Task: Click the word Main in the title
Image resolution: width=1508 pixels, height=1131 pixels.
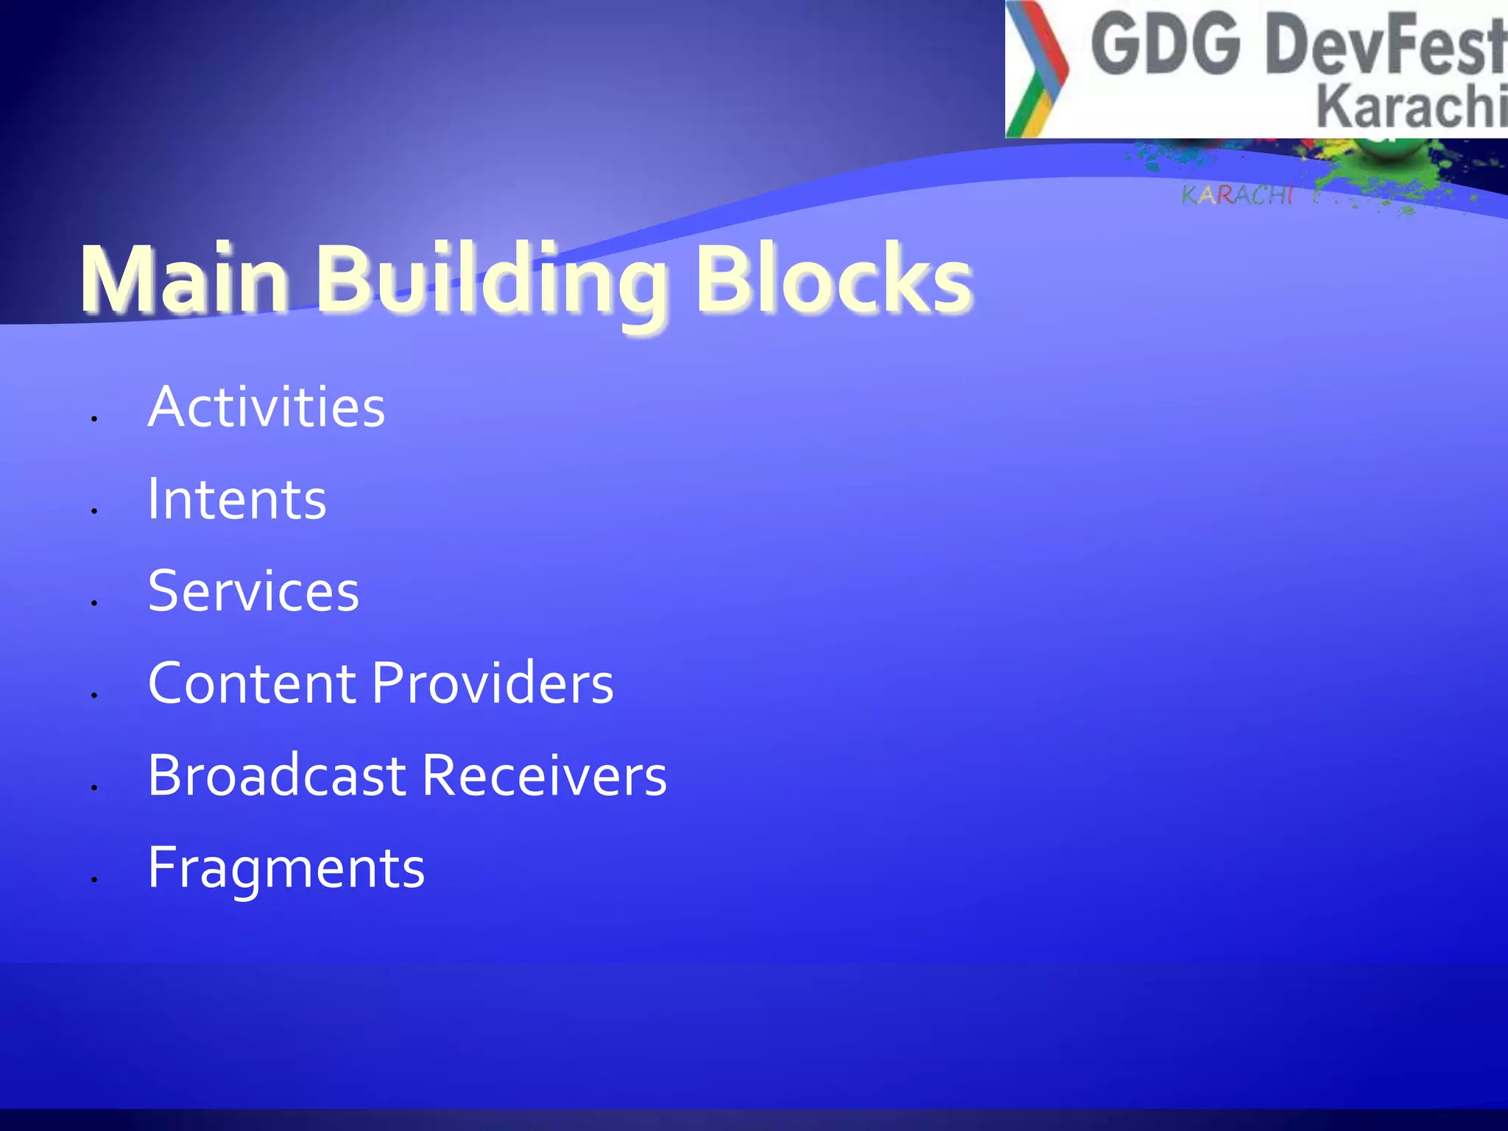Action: (184, 281)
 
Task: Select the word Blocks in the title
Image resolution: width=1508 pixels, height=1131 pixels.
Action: (833, 281)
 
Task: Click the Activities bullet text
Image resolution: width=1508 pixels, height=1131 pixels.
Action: (267, 407)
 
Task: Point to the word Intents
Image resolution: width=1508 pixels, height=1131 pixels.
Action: (237, 500)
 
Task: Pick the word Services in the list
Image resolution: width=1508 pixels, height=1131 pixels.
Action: (253, 591)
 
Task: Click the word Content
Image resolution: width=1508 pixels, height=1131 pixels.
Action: (253, 683)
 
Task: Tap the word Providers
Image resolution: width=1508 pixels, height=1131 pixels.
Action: (493, 683)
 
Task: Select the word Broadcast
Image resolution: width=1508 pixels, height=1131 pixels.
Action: (277, 775)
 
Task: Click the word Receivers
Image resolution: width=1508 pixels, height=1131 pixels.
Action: (545, 775)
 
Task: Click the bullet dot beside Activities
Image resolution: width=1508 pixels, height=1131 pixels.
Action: (94, 418)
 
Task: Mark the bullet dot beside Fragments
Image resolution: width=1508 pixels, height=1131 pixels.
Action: (94, 878)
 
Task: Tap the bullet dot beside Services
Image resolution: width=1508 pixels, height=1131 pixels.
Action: (94, 602)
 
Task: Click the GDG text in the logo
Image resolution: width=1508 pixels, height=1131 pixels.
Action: (1166, 46)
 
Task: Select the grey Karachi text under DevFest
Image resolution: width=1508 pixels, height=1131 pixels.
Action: (1411, 107)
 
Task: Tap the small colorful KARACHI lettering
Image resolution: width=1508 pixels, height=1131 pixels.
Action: (1236, 195)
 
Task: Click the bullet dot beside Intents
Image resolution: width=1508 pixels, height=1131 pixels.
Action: (94, 510)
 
